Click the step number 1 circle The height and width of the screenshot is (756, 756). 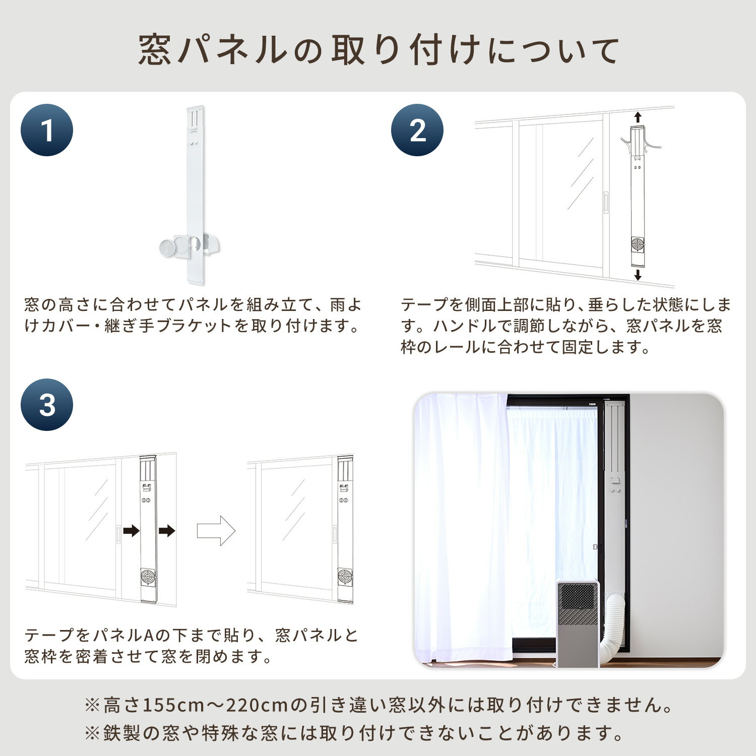(47, 130)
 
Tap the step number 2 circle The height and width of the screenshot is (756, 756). (417, 130)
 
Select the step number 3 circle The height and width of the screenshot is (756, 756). (47, 405)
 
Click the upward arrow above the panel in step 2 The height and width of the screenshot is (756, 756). (638, 117)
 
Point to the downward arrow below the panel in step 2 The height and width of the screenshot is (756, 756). (638, 275)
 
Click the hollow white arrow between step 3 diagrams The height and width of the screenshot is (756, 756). (216, 530)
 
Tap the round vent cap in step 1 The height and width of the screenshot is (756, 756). (166, 248)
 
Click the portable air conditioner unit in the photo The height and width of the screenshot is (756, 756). (577, 623)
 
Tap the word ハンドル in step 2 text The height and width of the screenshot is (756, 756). (465, 326)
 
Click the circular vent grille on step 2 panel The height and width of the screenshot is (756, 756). (638, 245)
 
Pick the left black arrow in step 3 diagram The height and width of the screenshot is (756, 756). (131, 530)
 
